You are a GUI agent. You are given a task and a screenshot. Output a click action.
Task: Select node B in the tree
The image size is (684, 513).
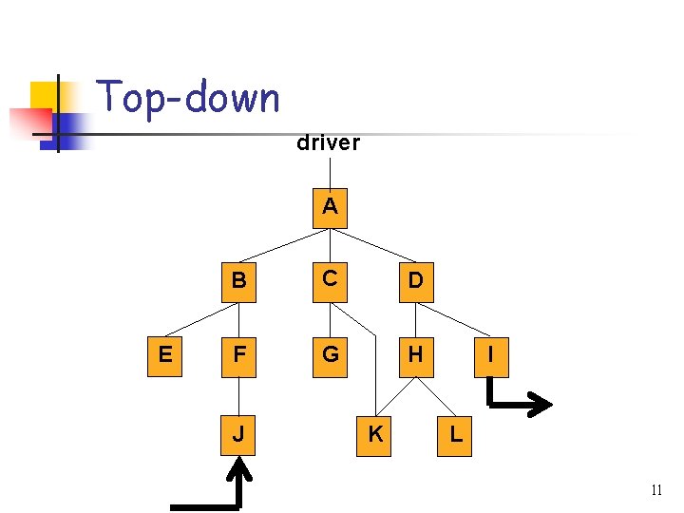point(238,282)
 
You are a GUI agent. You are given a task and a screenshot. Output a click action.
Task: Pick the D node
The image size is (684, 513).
point(416,282)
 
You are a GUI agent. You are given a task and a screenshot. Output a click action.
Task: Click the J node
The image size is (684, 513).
point(238,434)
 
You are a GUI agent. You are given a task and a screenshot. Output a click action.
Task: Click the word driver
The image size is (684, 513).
point(328,143)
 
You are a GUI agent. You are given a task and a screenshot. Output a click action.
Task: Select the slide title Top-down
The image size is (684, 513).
point(189,98)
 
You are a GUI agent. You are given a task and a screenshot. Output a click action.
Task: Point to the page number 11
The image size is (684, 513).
point(656,490)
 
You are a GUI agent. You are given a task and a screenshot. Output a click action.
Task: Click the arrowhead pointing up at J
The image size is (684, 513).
point(240,468)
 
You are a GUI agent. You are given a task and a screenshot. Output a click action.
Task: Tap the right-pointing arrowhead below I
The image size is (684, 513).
point(541,405)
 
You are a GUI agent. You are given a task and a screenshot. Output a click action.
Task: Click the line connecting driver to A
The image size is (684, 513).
point(330,171)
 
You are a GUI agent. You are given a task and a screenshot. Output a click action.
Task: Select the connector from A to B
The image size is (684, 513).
point(284,246)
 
